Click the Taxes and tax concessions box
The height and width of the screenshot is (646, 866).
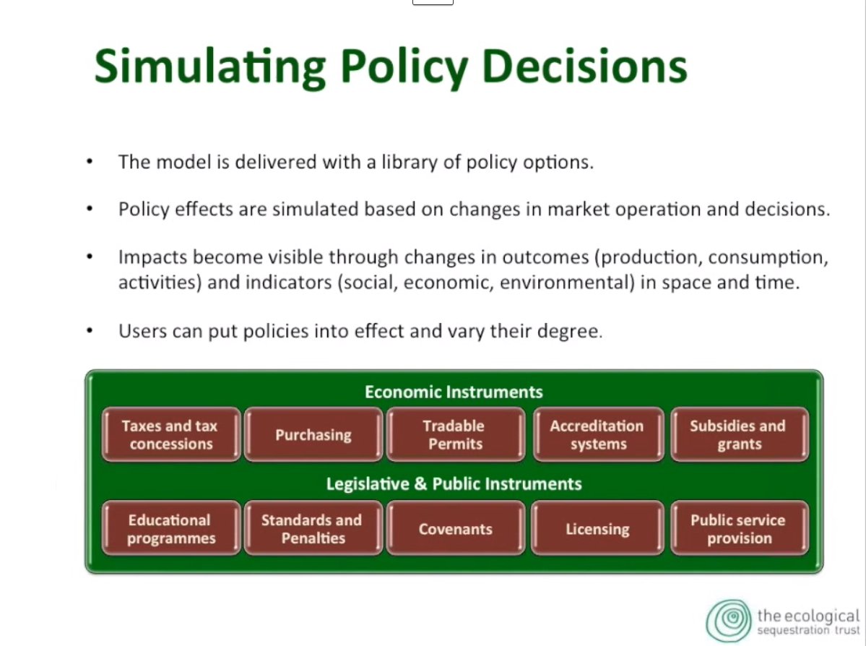[x=171, y=434]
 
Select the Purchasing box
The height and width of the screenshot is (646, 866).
[x=313, y=434]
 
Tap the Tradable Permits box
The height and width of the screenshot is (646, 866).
[x=456, y=434]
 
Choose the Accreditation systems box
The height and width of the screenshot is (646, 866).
[x=598, y=434]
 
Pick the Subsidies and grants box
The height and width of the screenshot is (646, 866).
[x=740, y=434]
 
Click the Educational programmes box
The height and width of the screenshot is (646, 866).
[x=171, y=528]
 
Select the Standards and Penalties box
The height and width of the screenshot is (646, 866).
[x=313, y=528]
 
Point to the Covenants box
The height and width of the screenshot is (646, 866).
[x=456, y=528]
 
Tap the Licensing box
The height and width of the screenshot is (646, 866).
[x=597, y=528]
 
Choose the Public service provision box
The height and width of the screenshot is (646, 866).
[x=740, y=528]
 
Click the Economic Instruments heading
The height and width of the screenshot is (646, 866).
[x=454, y=392]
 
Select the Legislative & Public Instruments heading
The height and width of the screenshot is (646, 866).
[x=454, y=483]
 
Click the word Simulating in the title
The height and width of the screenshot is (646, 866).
[x=210, y=67]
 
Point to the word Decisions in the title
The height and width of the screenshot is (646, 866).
[x=584, y=66]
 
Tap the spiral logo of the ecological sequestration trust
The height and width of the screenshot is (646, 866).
[x=729, y=621]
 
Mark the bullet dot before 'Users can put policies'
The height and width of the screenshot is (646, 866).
[x=90, y=330]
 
